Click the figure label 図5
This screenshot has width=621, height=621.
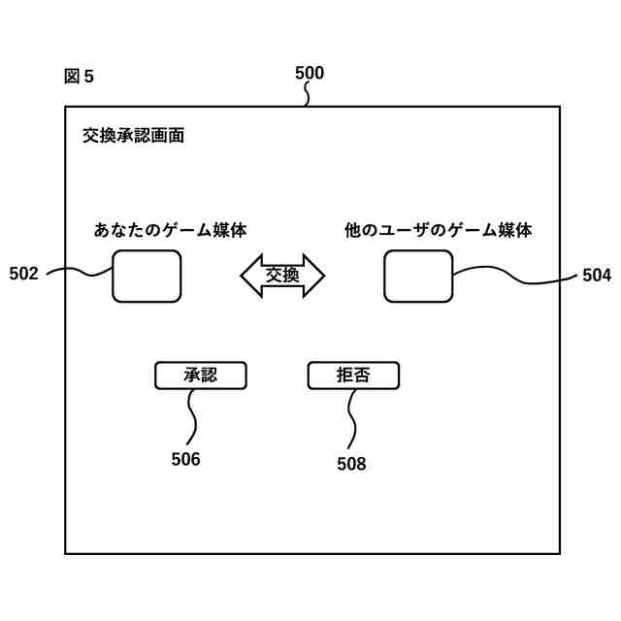click(x=79, y=77)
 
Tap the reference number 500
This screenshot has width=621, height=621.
click(x=309, y=73)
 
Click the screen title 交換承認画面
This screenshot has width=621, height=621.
click(x=133, y=136)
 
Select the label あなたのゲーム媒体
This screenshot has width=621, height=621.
click(x=170, y=230)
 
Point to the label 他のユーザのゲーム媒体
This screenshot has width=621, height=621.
click(x=439, y=230)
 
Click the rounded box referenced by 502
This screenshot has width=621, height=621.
click(x=147, y=276)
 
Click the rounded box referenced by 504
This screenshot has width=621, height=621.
click(x=418, y=276)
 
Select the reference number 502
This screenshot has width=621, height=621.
click(x=23, y=274)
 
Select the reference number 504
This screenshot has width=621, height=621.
click(x=597, y=276)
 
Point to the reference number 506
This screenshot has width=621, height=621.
click(x=185, y=459)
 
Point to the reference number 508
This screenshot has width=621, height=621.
click(x=351, y=464)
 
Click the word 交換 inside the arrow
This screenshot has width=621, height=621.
click(x=282, y=276)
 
